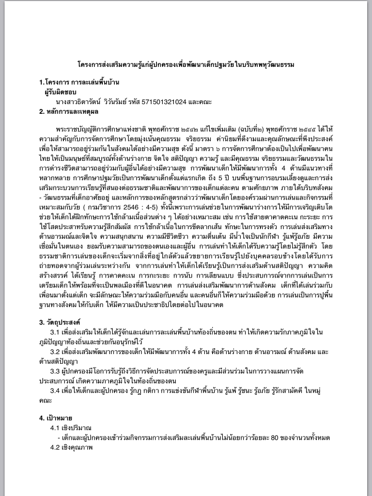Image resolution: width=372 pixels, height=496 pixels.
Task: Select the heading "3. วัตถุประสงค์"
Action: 60,322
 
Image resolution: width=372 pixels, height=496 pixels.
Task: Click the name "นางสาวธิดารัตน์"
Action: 78,102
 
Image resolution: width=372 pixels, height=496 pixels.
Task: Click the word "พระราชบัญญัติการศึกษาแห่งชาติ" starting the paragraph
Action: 95,131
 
